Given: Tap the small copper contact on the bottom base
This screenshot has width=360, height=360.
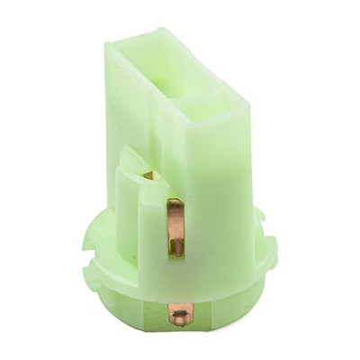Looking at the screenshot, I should tap(181, 314).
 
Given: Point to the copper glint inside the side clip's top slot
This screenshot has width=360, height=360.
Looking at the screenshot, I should tap(148, 175).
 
